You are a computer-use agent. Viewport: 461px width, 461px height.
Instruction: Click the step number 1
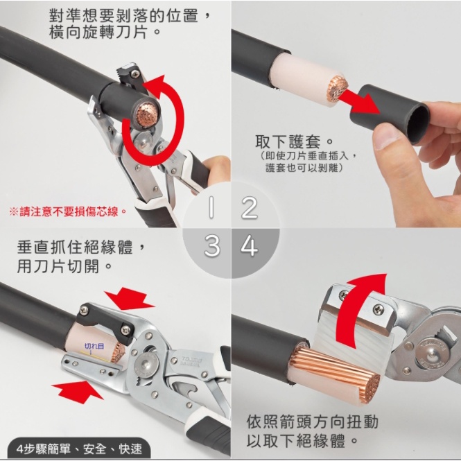pos(211,207)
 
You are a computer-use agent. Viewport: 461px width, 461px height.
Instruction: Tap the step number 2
pos(250,207)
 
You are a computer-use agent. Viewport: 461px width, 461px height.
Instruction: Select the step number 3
pos(211,246)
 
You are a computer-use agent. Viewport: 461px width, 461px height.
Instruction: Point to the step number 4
pos(250,246)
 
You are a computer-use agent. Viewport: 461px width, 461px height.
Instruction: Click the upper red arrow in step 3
pos(129,298)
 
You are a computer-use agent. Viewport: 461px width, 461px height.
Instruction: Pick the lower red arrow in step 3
pos(77,391)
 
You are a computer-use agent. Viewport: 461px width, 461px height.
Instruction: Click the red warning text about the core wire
pos(68,211)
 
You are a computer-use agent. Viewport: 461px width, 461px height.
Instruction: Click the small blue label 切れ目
pos(94,346)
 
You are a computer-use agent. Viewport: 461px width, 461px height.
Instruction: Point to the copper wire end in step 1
pos(148,114)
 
